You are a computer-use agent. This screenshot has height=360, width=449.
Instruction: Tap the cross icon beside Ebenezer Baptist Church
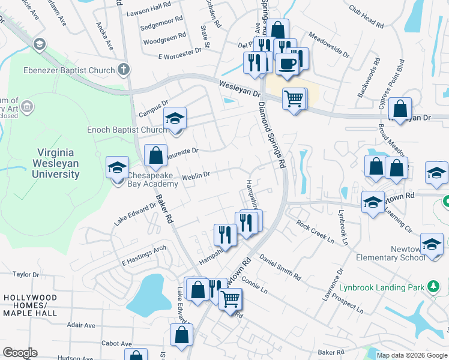pos(124,70)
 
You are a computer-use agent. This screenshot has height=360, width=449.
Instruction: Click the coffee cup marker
pos(287,63)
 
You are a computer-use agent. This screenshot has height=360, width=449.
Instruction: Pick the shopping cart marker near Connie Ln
pos(231,298)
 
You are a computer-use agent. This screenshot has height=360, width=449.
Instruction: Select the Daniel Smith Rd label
pos(280,267)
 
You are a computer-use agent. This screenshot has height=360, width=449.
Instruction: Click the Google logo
pos(20,353)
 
